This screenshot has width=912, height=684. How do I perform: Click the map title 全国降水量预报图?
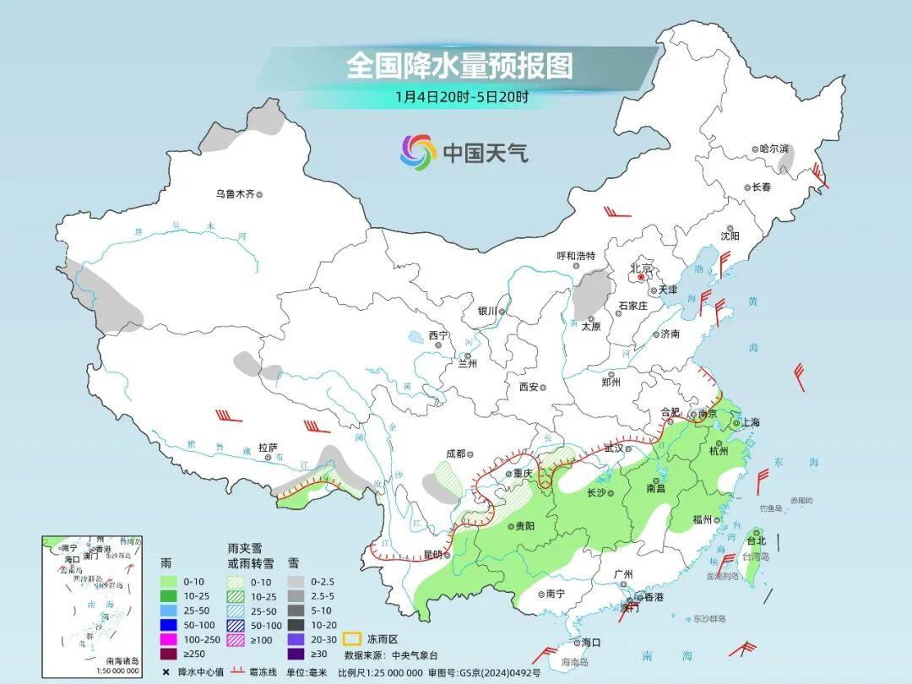tap(459, 66)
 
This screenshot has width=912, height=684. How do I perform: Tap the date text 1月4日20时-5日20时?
tap(461, 97)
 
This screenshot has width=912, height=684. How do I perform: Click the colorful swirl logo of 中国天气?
tap(418, 152)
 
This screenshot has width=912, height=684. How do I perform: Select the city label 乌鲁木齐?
tap(235, 194)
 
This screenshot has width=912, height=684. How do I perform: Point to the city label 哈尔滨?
tap(774, 149)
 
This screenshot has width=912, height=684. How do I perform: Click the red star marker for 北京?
tap(642, 276)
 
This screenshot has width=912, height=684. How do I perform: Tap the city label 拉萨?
tap(268, 448)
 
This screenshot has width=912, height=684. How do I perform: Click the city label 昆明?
tap(432, 555)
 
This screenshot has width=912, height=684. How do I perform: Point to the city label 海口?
tap(589, 643)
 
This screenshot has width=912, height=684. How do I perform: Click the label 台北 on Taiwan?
tap(756, 540)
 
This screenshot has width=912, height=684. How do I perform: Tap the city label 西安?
tap(529, 387)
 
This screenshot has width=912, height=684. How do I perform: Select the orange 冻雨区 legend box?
tap(353, 640)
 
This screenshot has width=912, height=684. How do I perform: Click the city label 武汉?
tap(616, 449)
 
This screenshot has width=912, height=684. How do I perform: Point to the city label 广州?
tap(623, 574)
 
